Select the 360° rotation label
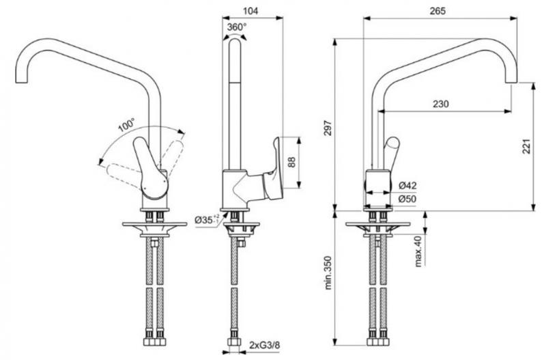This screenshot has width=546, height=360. tap(236, 26)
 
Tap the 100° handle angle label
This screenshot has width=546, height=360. tap(126, 126)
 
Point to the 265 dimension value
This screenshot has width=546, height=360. tap(439, 10)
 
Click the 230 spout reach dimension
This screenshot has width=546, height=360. tap(441, 104)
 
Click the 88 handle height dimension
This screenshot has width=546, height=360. tap(292, 162)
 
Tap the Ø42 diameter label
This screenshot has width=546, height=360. tap(407, 186)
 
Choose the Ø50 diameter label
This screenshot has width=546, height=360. tap(407, 199)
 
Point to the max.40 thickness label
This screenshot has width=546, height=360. tap(418, 251)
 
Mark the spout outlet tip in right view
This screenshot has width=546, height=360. tap(513, 81)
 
